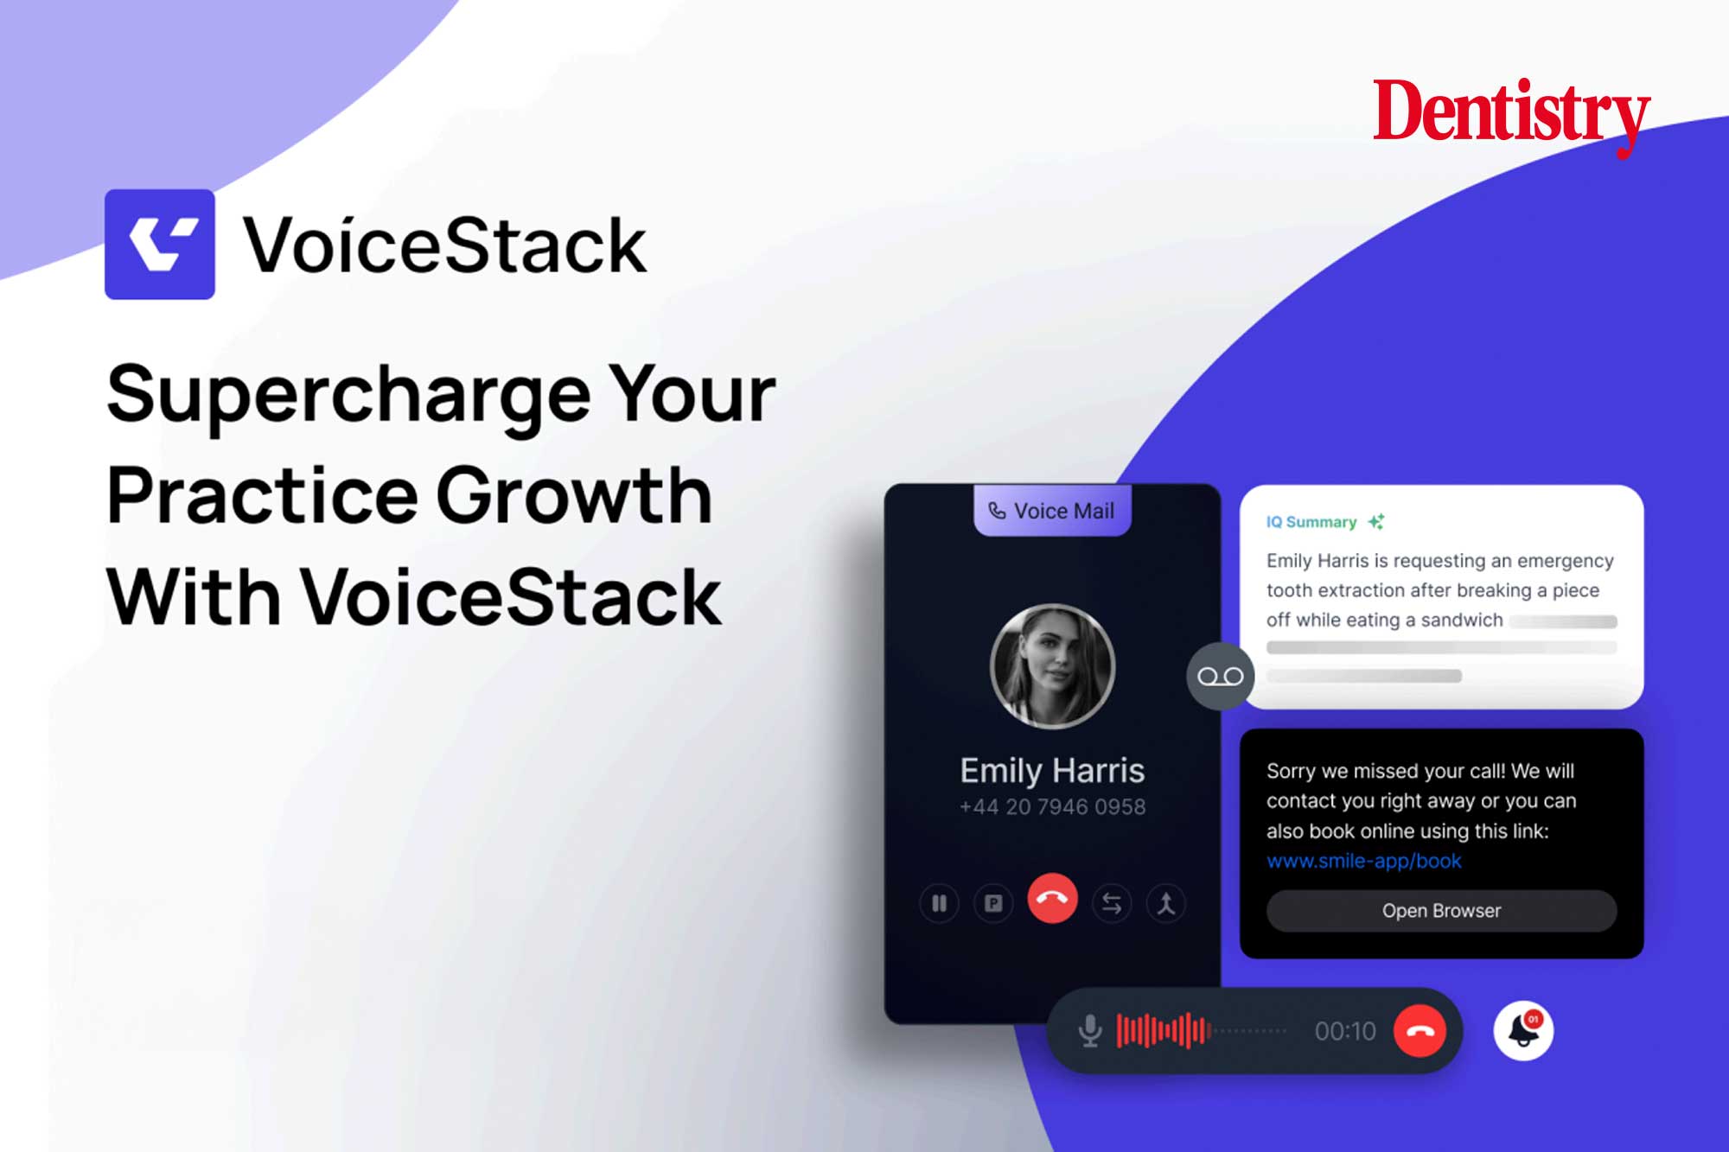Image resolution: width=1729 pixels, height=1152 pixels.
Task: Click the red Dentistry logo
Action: [x=1512, y=115]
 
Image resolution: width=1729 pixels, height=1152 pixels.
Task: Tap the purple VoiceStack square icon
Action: [x=160, y=245]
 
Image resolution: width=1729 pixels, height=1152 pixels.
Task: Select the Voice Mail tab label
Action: [x=1052, y=511]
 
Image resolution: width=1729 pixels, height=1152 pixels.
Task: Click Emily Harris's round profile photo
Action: [x=1052, y=666]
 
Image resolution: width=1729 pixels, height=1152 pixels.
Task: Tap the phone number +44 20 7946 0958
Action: [x=1052, y=806]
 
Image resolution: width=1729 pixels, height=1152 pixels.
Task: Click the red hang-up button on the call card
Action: [x=1052, y=899]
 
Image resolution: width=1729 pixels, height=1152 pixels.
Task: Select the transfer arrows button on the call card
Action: [x=1112, y=904]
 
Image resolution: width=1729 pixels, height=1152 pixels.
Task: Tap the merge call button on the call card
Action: [x=1166, y=904]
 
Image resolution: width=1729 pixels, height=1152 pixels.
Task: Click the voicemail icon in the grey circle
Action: [x=1220, y=677]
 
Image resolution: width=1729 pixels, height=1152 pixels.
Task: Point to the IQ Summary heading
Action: [x=1311, y=522]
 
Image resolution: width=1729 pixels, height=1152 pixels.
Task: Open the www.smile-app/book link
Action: [x=1364, y=861]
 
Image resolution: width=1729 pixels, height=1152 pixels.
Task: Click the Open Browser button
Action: [x=1441, y=911]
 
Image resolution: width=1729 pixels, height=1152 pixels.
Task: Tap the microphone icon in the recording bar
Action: [x=1090, y=1030]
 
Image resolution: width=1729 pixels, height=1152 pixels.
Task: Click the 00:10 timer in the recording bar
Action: [x=1345, y=1031]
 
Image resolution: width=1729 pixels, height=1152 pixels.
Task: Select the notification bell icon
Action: [x=1523, y=1030]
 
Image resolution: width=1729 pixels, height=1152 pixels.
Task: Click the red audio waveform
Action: [x=1164, y=1030]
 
